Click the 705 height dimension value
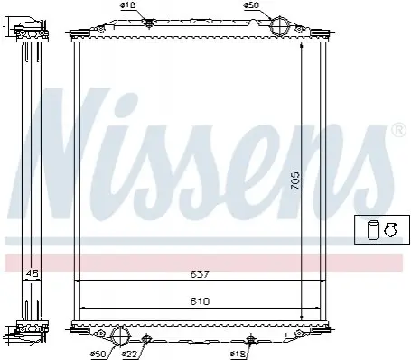pos(295,180)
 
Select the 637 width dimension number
pos(200,274)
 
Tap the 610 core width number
pos(200,301)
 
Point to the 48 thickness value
pos(33,273)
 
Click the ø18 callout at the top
pos(128,5)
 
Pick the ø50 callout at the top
pos(251,5)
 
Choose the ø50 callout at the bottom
pos(98,355)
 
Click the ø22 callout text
pos(130,355)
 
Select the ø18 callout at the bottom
pos(238,355)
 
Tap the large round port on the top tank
pos(280,26)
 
